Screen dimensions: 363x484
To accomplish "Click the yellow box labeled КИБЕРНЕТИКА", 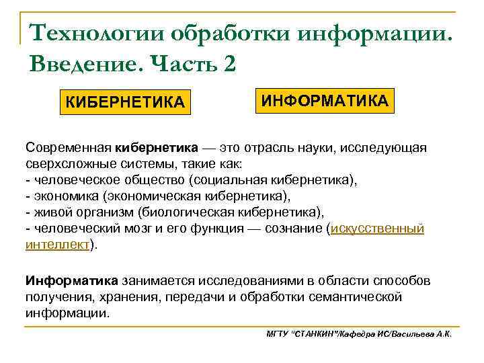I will coord(124,102).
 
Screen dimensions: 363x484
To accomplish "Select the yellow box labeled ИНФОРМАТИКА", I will coord(325,101).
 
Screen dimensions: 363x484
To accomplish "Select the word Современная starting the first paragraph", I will coord(69,147).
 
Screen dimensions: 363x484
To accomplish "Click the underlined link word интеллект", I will coord(57,245).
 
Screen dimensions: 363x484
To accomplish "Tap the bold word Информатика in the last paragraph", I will coord(71,280).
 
